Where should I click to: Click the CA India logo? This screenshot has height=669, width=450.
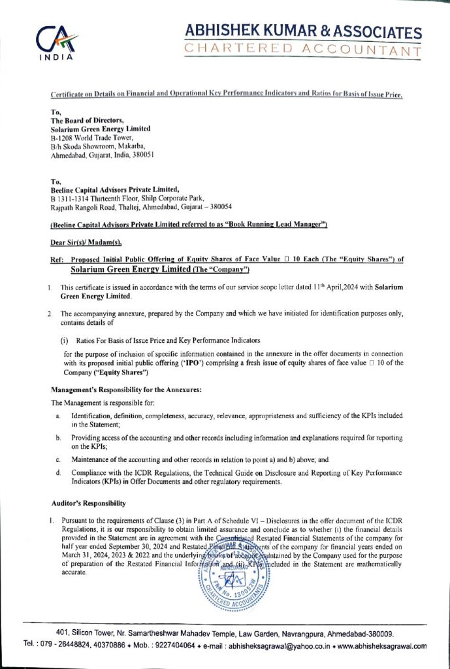click(x=56, y=42)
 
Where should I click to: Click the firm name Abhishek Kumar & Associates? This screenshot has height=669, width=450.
click(x=303, y=31)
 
